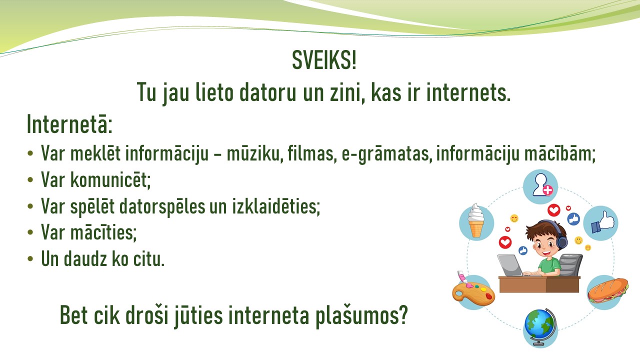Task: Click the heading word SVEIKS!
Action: tap(324, 60)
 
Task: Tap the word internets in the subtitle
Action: tap(468, 92)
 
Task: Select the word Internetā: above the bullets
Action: tap(69, 124)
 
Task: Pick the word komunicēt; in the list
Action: tap(110, 180)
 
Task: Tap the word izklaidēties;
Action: tap(275, 206)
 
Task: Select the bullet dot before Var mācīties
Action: tap(30, 232)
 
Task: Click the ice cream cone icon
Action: tap(476, 220)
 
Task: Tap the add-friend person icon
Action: tap(541, 186)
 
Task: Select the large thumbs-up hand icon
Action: tap(601, 223)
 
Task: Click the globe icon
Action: tap(539, 327)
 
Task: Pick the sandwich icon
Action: tap(607, 291)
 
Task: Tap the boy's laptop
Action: tap(510, 265)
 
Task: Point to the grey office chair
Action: tap(570, 265)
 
